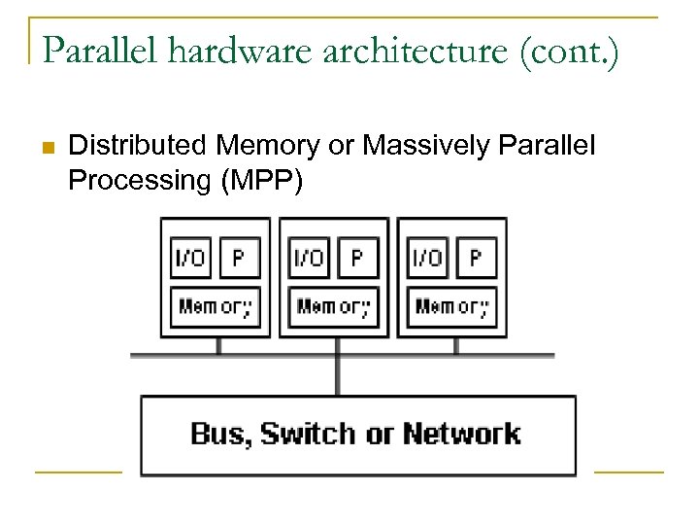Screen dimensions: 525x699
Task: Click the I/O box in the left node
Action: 190,259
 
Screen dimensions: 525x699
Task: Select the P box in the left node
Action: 239,259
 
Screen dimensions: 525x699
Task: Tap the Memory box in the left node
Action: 215,307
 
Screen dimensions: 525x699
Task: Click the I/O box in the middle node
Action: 309,259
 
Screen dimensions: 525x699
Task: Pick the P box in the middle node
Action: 357,259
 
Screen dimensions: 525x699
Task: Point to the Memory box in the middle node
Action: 333,307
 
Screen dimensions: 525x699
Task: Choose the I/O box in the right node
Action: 427,259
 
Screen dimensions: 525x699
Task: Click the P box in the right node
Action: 476,259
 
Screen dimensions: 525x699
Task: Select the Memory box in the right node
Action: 451,307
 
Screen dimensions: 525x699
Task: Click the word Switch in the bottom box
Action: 309,434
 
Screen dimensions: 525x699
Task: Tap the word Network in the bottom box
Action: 462,434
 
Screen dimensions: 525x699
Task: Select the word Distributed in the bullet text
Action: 139,146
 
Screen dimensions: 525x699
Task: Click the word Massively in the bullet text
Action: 428,146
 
